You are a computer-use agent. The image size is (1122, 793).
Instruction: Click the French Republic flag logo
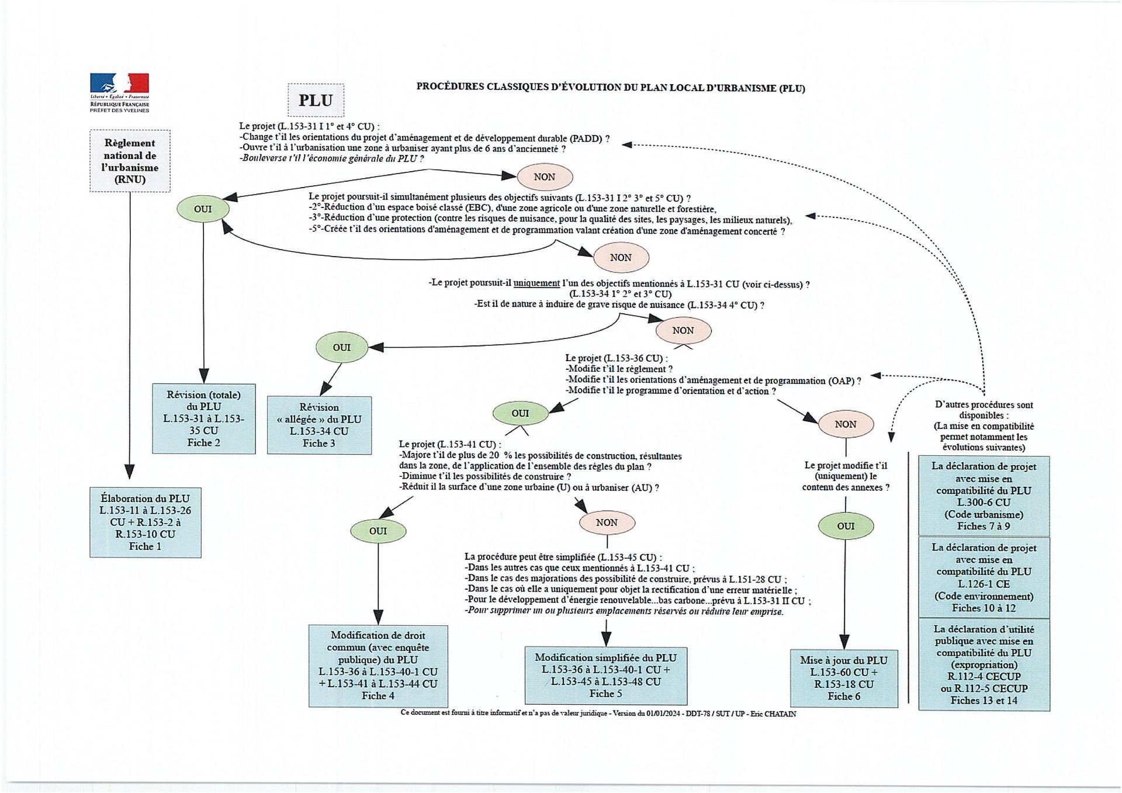point(119,84)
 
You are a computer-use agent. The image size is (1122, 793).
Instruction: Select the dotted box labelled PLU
point(316,100)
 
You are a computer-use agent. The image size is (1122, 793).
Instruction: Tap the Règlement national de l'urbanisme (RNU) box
point(130,161)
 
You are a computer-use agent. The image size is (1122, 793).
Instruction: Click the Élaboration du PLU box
point(145,522)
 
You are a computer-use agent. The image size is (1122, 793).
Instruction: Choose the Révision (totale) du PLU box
point(203,418)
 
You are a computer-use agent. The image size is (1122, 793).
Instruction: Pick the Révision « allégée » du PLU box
point(319,425)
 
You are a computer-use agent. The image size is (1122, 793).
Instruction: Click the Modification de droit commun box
point(378,666)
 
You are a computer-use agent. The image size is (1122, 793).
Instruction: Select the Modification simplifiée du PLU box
point(605,675)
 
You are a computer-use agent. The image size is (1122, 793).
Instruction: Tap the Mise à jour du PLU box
point(844,678)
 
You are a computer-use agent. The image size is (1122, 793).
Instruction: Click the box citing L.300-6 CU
point(984,496)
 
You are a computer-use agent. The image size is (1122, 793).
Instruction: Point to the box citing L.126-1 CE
point(984,577)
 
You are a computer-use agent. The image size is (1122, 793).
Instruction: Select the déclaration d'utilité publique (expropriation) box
point(984,664)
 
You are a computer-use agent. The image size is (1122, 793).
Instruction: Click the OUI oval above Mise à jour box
point(846,526)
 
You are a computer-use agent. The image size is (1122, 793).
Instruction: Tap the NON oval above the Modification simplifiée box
point(607,522)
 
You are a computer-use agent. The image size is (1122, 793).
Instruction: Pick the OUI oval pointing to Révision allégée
point(342,347)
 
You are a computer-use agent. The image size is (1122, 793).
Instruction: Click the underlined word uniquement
point(536,283)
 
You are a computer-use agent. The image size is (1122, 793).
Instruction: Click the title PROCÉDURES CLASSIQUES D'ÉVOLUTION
point(610,88)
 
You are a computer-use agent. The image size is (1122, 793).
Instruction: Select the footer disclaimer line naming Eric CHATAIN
point(598,714)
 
